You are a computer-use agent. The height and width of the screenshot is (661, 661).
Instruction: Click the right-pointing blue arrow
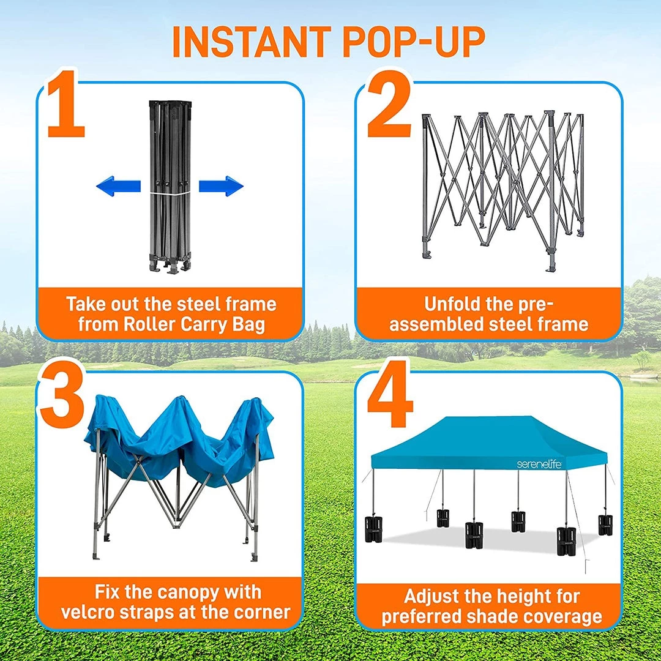tap(221, 186)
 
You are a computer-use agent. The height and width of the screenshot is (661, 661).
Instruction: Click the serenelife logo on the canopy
tap(539, 464)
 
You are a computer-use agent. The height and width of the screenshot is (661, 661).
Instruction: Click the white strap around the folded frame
tap(170, 193)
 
